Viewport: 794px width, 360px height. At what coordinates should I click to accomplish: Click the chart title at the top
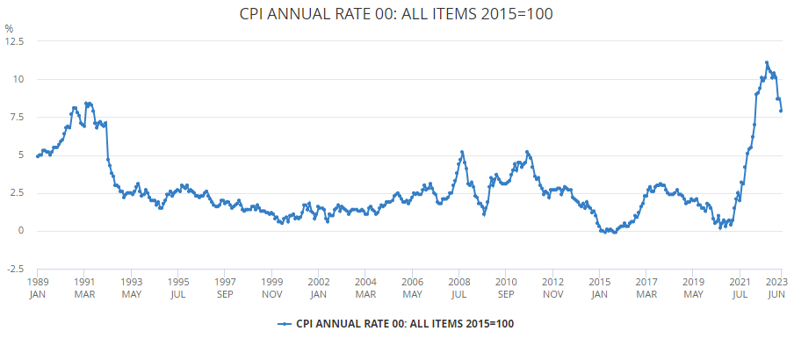pyautogui.click(x=396, y=15)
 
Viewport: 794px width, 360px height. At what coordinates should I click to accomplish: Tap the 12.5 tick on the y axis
pyautogui.click(x=15, y=41)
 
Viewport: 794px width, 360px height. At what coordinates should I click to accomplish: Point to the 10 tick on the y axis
pyautogui.click(x=18, y=79)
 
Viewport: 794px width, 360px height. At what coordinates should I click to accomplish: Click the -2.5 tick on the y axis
pyautogui.click(x=13, y=269)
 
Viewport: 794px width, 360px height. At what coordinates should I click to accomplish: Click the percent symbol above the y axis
pyautogui.click(x=10, y=29)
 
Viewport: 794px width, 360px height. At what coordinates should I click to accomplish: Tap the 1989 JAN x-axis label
pyautogui.click(x=37, y=287)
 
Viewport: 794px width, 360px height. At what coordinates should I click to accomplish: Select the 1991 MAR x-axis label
pyautogui.click(x=84, y=287)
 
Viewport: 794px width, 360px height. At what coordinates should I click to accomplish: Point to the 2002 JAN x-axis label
pyautogui.click(x=318, y=287)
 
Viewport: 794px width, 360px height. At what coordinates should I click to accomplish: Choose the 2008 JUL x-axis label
pyautogui.click(x=458, y=287)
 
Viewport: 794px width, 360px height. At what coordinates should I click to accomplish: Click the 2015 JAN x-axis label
pyautogui.click(x=599, y=287)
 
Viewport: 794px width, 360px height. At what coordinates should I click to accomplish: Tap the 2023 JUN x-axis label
pyautogui.click(x=776, y=287)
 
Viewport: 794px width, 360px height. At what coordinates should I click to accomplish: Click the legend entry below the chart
pyautogui.click(x=396, y=323)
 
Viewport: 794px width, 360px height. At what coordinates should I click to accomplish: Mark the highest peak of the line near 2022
pyautogui.click(x=767, y=62)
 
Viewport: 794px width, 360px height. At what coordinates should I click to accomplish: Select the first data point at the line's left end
pyautogui.click(x=38, y=156)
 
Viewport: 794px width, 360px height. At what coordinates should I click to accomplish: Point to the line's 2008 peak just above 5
pyautogui.click(x=462, y=152)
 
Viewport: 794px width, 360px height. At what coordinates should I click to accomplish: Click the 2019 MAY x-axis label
pyautogui.click(x=692, y=287)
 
